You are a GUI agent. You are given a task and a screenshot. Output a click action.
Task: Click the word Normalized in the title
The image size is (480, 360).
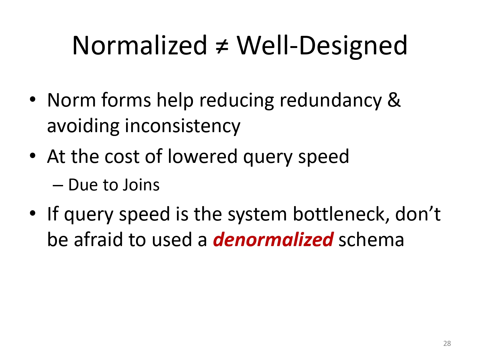(140, 45)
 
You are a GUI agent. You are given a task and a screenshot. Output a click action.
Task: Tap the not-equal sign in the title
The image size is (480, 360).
(222, 47)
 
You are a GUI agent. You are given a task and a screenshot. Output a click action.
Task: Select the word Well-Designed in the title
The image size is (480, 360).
(322, 47)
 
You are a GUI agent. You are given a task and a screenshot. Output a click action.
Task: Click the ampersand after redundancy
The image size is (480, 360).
(394, 100)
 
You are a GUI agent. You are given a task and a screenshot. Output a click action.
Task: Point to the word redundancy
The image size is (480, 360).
(331, 101)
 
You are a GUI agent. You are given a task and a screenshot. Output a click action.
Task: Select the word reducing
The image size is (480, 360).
(236, 101)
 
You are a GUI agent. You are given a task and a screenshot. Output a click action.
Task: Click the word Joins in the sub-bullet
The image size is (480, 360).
(141, 185)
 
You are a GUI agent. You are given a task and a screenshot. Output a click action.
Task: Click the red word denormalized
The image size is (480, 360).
(273, 240)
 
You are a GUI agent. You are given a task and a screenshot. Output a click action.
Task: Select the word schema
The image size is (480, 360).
(371, 240)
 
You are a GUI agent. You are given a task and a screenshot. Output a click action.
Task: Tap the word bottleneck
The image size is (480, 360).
(341, 214)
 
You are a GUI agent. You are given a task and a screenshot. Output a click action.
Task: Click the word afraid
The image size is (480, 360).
(99, 240)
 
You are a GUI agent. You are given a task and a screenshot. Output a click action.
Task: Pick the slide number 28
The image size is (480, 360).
(447, 343)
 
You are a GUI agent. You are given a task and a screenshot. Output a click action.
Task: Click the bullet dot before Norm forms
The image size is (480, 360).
(32, 100)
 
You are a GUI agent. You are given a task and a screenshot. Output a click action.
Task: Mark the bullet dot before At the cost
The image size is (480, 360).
(32, 156)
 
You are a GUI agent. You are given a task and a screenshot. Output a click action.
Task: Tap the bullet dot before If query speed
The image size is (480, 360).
(32, 213)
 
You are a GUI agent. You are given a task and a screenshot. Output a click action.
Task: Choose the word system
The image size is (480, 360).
(257, 215)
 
